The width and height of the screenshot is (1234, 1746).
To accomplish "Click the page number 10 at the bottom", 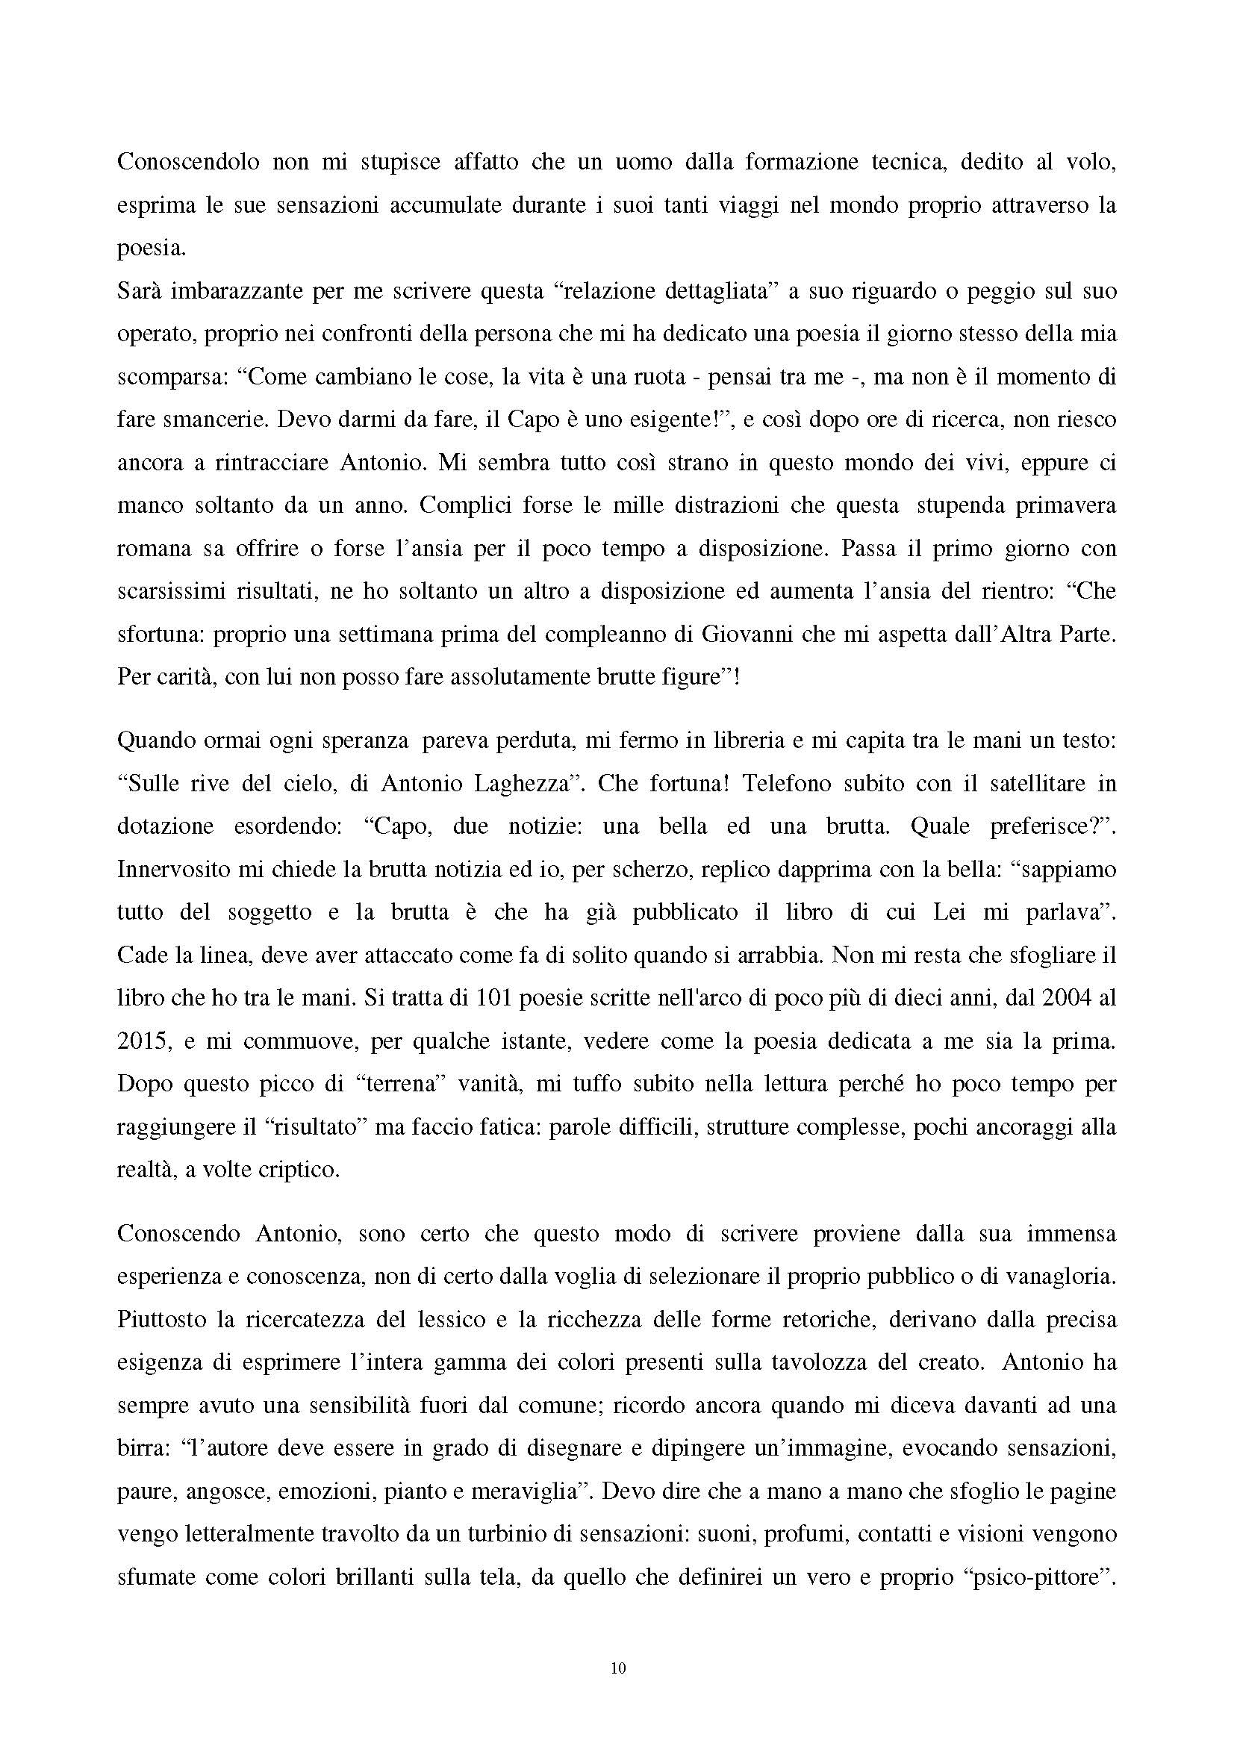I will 617,1669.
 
